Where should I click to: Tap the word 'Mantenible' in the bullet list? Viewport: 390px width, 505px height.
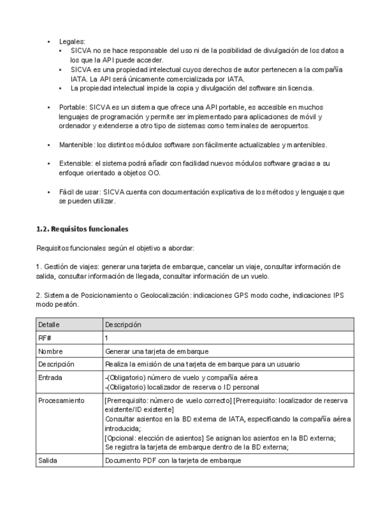[x=76, y=145]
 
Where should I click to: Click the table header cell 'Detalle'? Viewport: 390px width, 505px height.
[x=49, y=325]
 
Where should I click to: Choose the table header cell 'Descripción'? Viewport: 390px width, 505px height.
[x=124, y=325]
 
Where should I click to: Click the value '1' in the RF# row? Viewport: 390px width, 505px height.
[x=107, y=338]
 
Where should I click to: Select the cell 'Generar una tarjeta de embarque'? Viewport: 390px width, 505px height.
[x=156, y=351]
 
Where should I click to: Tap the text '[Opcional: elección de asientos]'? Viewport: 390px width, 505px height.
[x=154, y=438]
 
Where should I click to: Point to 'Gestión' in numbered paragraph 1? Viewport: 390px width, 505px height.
[x=56, y=267]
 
